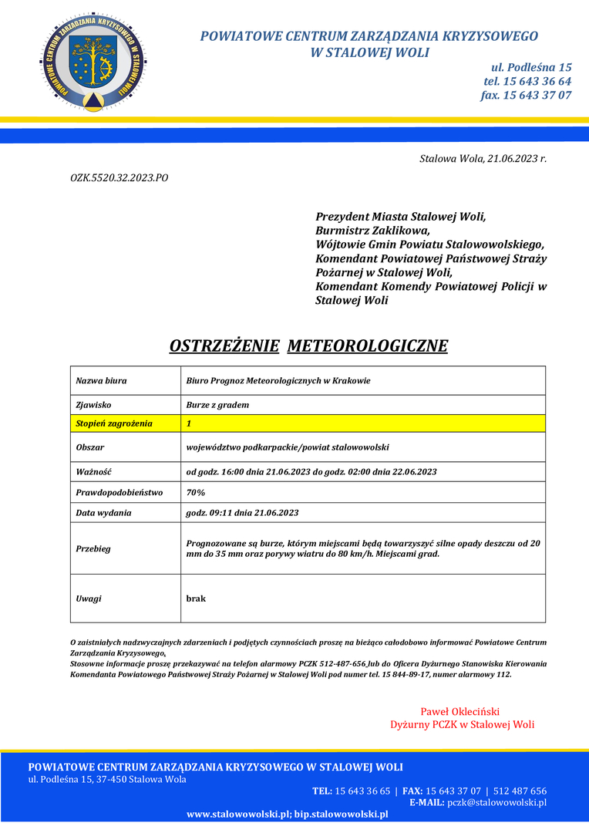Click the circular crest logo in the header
(92, 62)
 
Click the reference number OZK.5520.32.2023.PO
(119, 178)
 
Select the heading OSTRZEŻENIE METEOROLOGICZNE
(308, 345)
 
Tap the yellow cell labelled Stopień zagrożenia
(114, 423)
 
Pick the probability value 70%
(196, 492)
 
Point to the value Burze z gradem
(217, 404)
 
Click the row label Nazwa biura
(101, 380)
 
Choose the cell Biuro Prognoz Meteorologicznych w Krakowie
(278, 380)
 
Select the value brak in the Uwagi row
(196, 598)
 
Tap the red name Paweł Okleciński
(460, 711)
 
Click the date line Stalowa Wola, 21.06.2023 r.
(483, 159)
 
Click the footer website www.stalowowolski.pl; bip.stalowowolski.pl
(288, 814)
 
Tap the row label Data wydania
(103, 512)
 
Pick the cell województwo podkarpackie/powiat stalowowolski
(288, 447)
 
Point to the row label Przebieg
(93, 548)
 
